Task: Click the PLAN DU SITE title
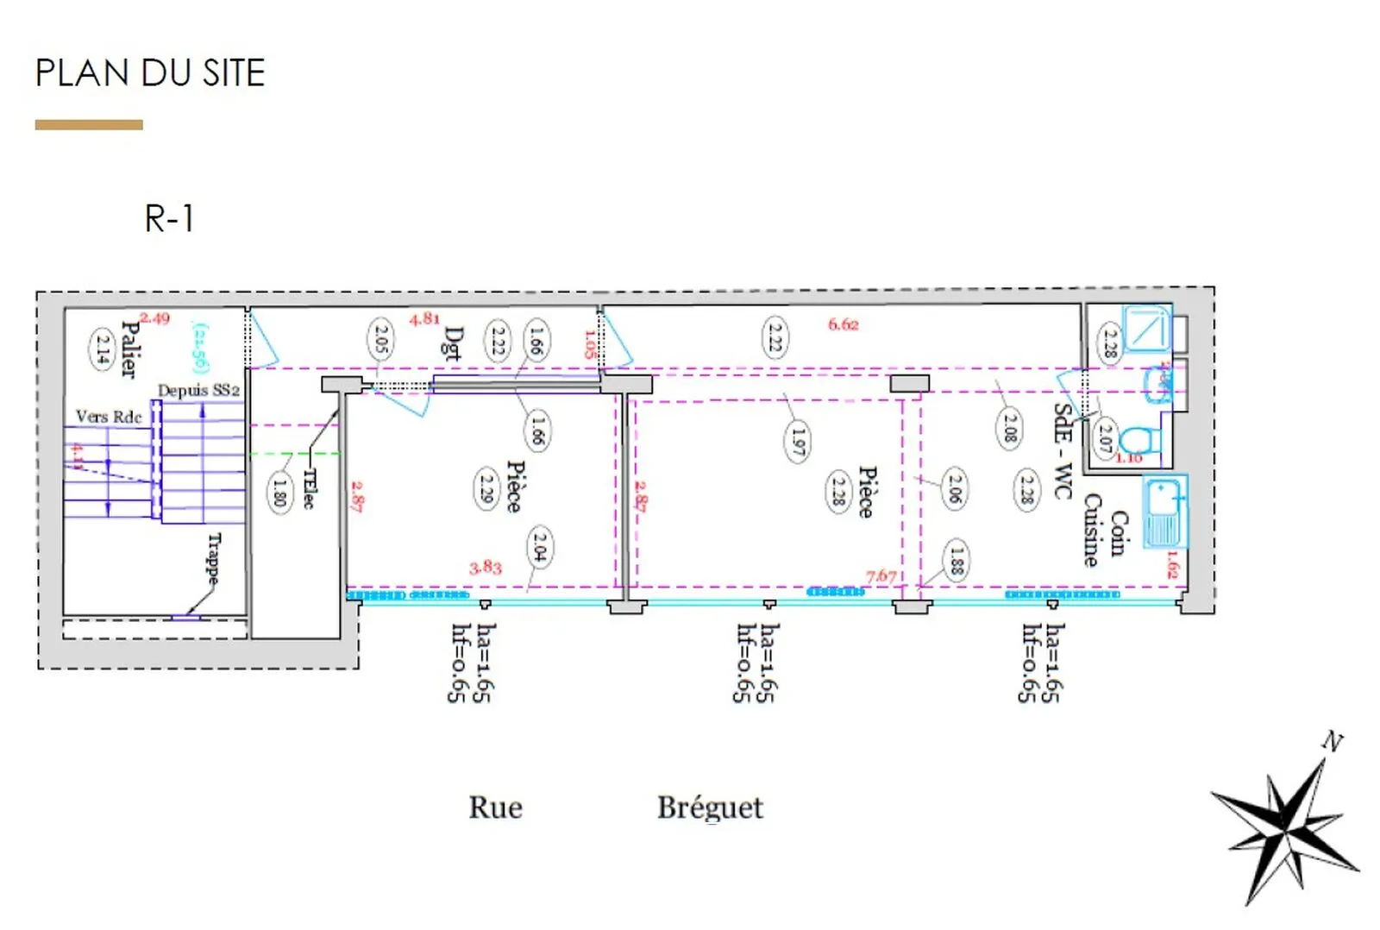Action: [x=149, y=73]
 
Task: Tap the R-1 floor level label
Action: [x=169, y=218]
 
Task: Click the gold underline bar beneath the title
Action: [x=89, y=125]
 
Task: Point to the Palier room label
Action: [x=129, y=349]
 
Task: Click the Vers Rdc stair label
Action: [x=108, y=417]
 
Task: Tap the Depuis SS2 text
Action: [x=198, y=391]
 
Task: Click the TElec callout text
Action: [x=309, y=489]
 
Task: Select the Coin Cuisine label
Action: [x=1105, y=531]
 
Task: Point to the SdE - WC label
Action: [x=1063, y=450]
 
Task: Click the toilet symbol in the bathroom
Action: [x=1138, y=441]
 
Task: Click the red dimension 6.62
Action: [x=843, y=324]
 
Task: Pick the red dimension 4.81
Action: [x=424, y=319]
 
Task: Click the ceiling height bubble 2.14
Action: [x=103, y=349]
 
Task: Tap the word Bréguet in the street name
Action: [x=710, y=808]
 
